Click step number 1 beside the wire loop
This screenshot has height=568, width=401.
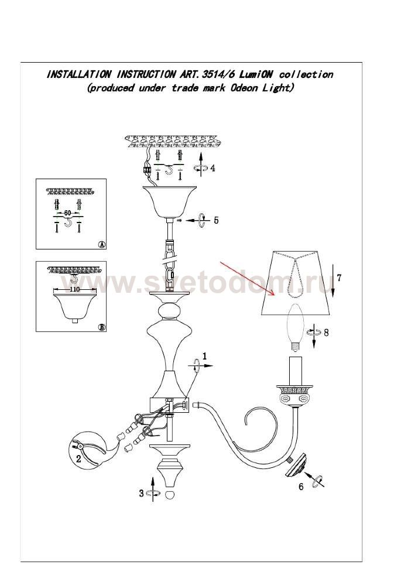(205, 356)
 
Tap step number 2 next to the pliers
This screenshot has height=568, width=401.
(78, 458)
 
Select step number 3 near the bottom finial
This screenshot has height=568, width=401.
(141, 493)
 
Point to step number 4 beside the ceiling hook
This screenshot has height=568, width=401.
(213, 168)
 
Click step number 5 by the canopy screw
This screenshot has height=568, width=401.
(216, 220)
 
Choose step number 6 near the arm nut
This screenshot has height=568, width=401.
(301, 487)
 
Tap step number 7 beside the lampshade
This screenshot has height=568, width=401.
(339, 278)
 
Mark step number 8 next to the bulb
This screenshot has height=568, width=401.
(326, 333)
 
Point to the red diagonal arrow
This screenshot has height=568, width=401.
(248, 278)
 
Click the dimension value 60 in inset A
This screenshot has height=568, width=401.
(67, 213)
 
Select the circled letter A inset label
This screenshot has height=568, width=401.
(102, 245)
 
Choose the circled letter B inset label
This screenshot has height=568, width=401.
(102, 327)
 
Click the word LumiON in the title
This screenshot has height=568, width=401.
(255, 74)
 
